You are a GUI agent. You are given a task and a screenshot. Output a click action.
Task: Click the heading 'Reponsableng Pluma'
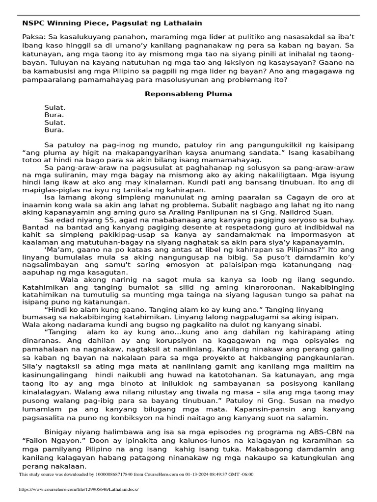[x=188, y=94]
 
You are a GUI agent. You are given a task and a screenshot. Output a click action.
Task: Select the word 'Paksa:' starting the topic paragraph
[x=34, y=37]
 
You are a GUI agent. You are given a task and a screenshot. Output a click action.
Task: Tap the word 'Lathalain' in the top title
[x=183, y=23]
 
